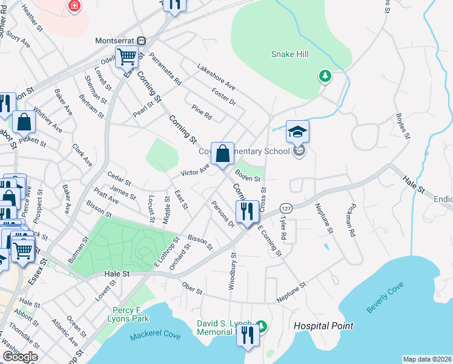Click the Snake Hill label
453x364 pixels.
[x=289, y=55]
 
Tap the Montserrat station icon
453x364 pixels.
[x=141, y=41]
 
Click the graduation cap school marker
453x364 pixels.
[x=297, y=132]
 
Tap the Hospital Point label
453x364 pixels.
[x=323, y=326]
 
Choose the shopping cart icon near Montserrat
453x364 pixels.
[x=127, y=58]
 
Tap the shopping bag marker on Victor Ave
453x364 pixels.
[x=222, y=153]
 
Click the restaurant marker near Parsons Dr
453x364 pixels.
[x=246, y=212]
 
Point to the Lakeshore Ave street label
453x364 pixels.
[x=216, y=76]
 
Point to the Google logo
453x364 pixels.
[x=20, y=357]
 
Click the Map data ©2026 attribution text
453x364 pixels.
[x=428, y=359]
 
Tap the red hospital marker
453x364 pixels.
[x=74, y=5]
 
